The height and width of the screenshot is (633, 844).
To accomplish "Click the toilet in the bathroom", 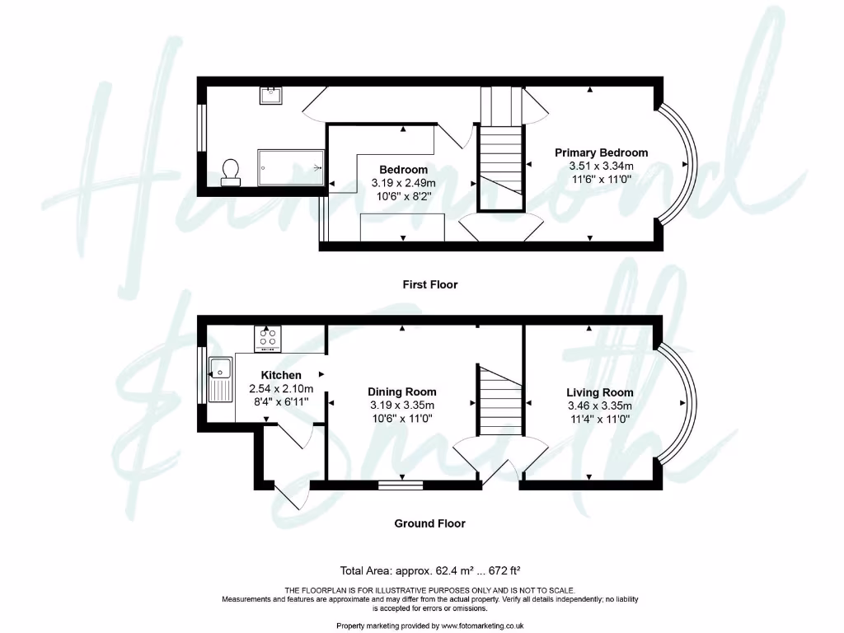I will click(x=232, y=171).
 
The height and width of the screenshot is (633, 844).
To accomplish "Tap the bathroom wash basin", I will click(x=272, y=96).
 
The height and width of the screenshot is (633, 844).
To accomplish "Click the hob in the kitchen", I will click(x=269, y=337).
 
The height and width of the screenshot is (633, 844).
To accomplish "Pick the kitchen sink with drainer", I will click(x=221, y=378).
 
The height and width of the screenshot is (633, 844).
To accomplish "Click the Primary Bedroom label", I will click(x=601, y=152).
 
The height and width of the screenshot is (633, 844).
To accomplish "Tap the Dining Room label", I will click(x=401, y=392).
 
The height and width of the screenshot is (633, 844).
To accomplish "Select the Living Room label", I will click(x=599, y=392).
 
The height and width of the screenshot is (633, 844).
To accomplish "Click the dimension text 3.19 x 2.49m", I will click(x=403, y=183).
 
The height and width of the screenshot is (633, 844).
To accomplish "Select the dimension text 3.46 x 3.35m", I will click(x=599, y=406).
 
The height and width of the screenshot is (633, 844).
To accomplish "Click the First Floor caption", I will click(x=429, y=284).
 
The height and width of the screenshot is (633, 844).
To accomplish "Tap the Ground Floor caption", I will click(x=429, y=523).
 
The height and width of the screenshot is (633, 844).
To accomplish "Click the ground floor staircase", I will click(x=499, y=400).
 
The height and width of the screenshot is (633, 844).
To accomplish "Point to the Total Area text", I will click(x=429, y=570).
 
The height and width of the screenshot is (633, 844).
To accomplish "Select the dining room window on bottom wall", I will click(x=401, y=485).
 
